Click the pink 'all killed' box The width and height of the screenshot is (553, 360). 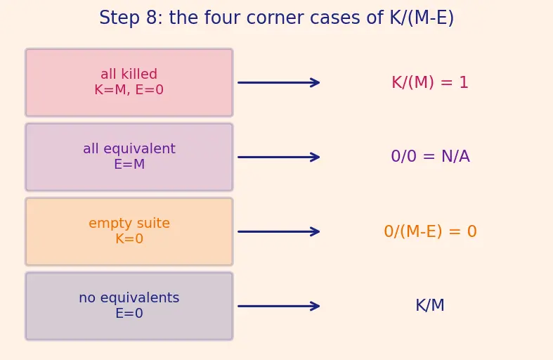click(x=129, y=82)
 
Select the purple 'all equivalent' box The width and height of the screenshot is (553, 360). click(x=129, y=157)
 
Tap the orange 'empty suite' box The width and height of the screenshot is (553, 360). click(x=129, y=231)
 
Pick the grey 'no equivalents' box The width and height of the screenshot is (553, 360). click(x=129, y=306)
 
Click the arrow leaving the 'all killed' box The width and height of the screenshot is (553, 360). click(x=279, y=82)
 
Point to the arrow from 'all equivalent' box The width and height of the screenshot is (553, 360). click(x=279, y=157)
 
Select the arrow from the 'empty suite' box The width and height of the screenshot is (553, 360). click(x=279, y=231)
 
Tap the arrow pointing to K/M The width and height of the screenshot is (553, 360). click(x=279, y=306)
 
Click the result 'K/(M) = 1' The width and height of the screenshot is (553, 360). click(x=430, y=82)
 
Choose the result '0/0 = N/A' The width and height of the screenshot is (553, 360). click(x=430, y=156)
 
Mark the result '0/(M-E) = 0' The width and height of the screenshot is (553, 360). click(x=430, y=231)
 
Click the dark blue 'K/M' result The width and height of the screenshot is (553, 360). click(x=430, y=305)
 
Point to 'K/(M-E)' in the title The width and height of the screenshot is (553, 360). click(x=422, y=18)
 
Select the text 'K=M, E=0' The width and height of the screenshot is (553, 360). click(x=129, y=90)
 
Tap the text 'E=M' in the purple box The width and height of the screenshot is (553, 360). click(x=129, y=165)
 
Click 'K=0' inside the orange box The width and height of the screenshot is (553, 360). click(x=129, y=239)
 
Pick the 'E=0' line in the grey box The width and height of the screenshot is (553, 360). click(x=129, y=314)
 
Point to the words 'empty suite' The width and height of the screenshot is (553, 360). click(x=129, y=224)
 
